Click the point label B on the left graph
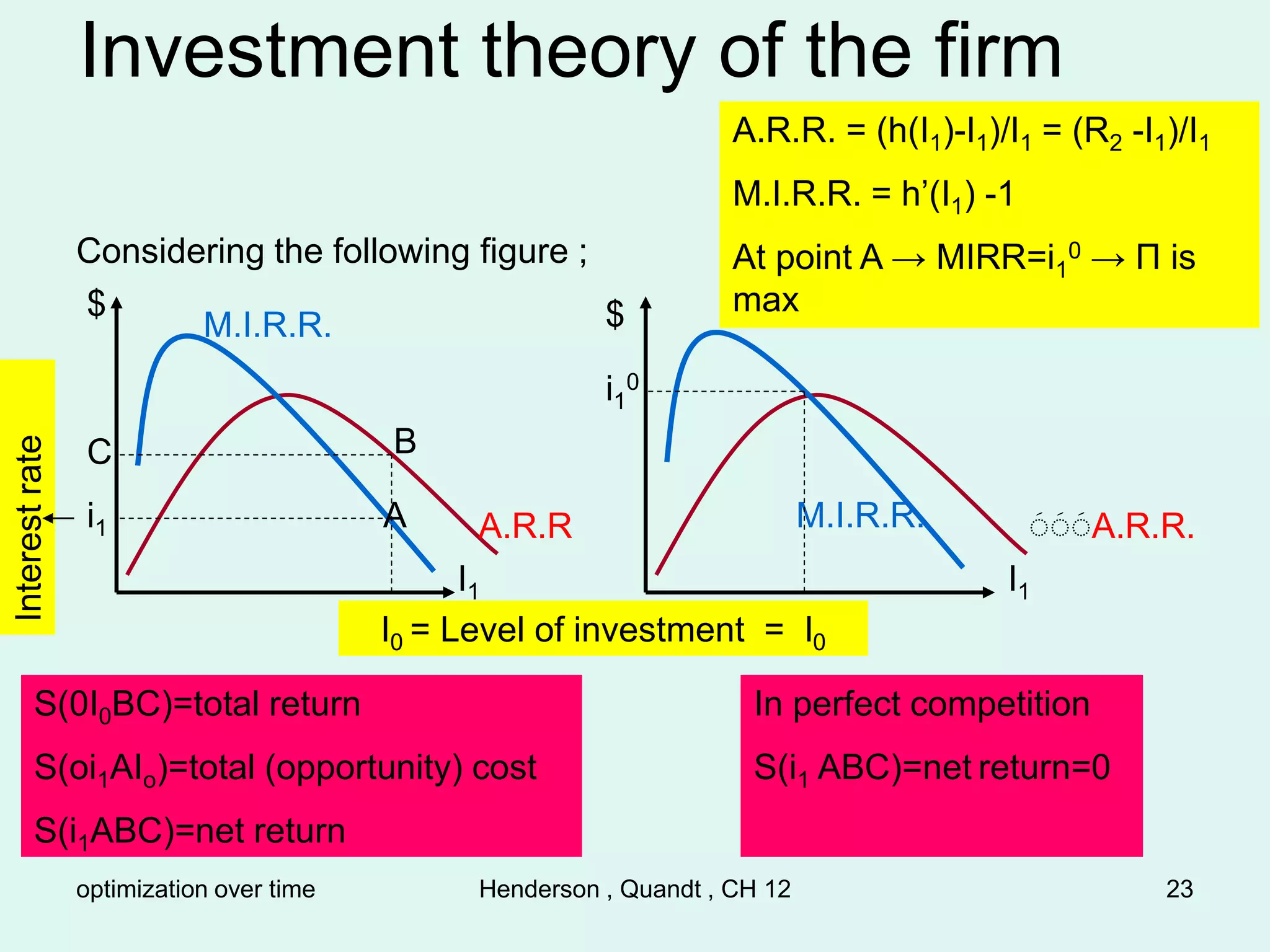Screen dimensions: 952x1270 click(406, 442)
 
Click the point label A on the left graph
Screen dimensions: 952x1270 click(395, 516)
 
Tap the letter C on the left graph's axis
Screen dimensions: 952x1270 click(99, 452)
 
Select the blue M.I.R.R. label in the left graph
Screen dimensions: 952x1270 click(267, 325)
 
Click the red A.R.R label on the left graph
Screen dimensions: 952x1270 click(525, 526)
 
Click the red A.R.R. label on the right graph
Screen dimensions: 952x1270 click(1142, 527)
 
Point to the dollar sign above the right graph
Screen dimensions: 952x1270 click(615, 314)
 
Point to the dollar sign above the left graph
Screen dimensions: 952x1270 click(97, 304)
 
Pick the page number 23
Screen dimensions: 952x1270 click(1179, 889)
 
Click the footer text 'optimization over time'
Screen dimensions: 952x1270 click(195, 889)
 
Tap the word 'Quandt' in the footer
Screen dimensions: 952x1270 click(660, 889)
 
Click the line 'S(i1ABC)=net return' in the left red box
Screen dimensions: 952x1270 click(189, 831)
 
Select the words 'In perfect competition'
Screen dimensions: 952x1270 click(921, 704)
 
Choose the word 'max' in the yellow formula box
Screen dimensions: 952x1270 click(765, 301)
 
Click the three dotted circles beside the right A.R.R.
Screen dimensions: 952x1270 click(1059, 526)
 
